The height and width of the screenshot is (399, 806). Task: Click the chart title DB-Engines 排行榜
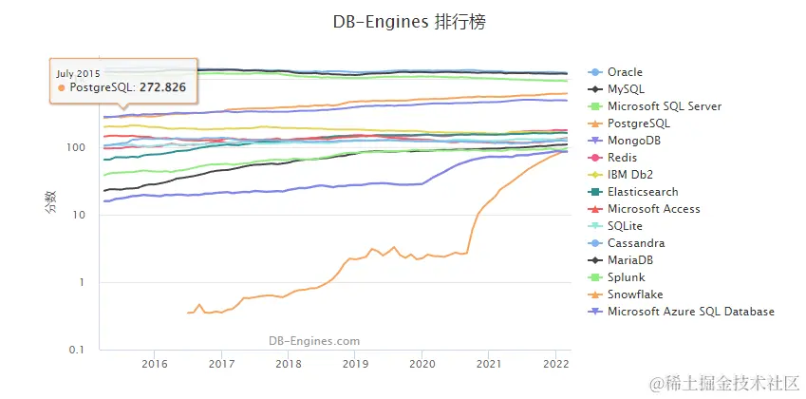[x=409, y=22]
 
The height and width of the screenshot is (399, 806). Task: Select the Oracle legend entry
[x=625, y=72]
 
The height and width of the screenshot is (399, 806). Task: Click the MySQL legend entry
[x=625, y=89]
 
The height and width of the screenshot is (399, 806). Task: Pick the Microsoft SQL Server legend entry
[x=664, y=106]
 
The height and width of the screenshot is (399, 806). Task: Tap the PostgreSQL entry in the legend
[x=638, y=123]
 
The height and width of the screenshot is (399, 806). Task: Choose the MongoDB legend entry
[x=634, y=141]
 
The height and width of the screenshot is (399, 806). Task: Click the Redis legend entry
[x=622, y=158]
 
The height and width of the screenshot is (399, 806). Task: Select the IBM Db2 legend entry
[x=630, y=175]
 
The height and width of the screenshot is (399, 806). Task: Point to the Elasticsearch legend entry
[x=643, y=192]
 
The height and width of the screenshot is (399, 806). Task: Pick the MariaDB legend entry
[x=631, y=260]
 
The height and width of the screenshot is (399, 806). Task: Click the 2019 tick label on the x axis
[x=355, y=363]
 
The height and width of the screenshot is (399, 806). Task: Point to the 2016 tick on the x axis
[x=155, y=363]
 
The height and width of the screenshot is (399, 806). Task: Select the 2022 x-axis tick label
[x=555, y=363]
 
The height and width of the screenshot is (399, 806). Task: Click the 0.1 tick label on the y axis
[x=77, y=350]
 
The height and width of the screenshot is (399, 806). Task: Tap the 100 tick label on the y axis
[x=76, y=147]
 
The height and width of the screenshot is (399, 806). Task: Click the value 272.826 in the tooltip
[x=162, y=87]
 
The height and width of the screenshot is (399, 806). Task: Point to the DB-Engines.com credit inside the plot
[x=314, y=340]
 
